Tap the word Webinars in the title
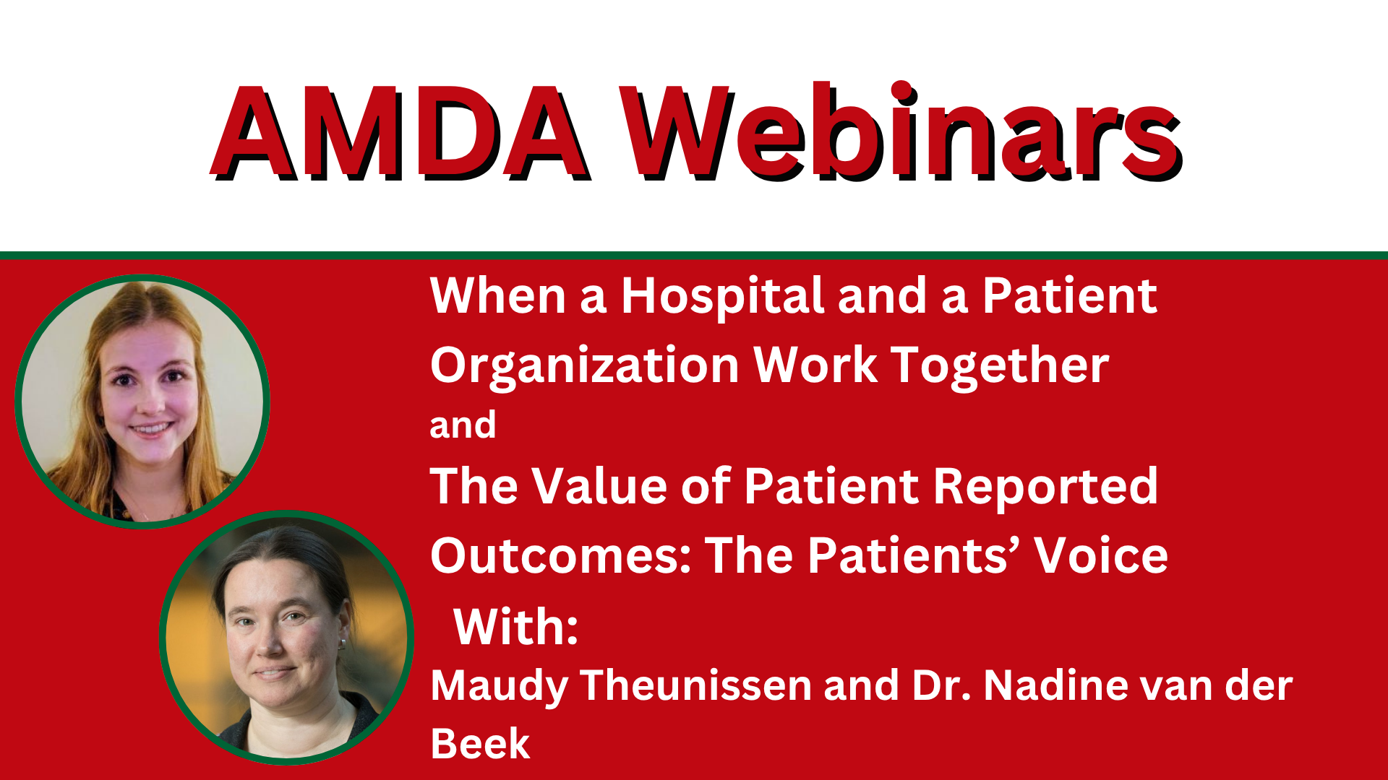coord(901,131)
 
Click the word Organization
coord(584,367)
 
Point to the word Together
coord(999,367)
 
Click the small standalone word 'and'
coord(463,425)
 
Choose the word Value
coord(600,485)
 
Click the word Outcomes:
coord(561,555)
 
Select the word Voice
coord(1101,555)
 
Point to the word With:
coord(516,626)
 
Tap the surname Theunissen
coord(696,685)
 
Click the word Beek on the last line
coord(480,744)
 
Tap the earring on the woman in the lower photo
coord(343,643)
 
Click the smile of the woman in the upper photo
coord(151,430)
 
